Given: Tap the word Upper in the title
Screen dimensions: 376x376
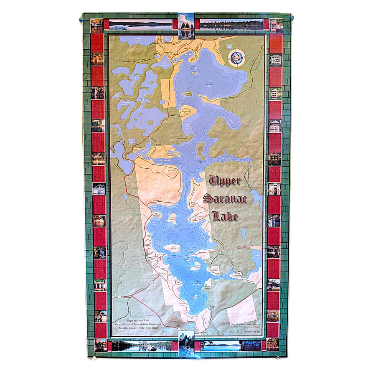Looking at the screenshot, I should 225,180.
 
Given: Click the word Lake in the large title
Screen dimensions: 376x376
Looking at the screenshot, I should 225,216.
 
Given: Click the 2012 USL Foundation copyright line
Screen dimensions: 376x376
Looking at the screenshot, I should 245,331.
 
